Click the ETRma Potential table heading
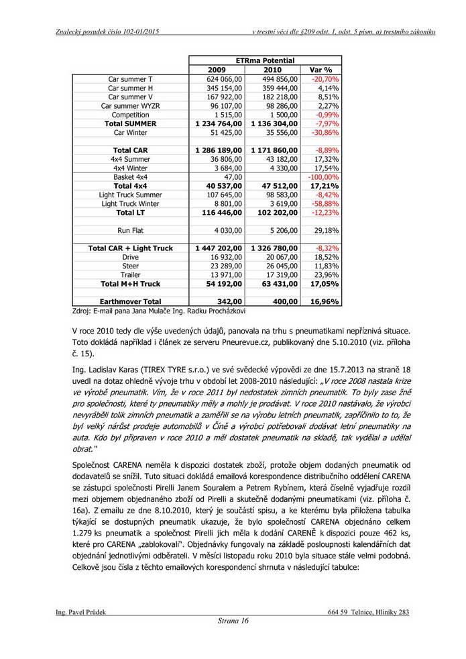[266, 60]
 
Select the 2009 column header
[217, 70]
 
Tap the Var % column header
[321, 70]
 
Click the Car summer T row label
[130, 79]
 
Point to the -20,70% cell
[325, 79]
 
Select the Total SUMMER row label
[130, 123]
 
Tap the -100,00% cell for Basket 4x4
[323, 176]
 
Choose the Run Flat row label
[130, 230]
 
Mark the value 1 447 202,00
[219, 248]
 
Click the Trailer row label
[130, 274]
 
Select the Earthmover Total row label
[130, 301]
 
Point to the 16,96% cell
[325, 301]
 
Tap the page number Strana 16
[233, 621]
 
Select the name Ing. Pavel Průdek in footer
[80, 612]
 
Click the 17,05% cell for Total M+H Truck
[325, 284]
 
